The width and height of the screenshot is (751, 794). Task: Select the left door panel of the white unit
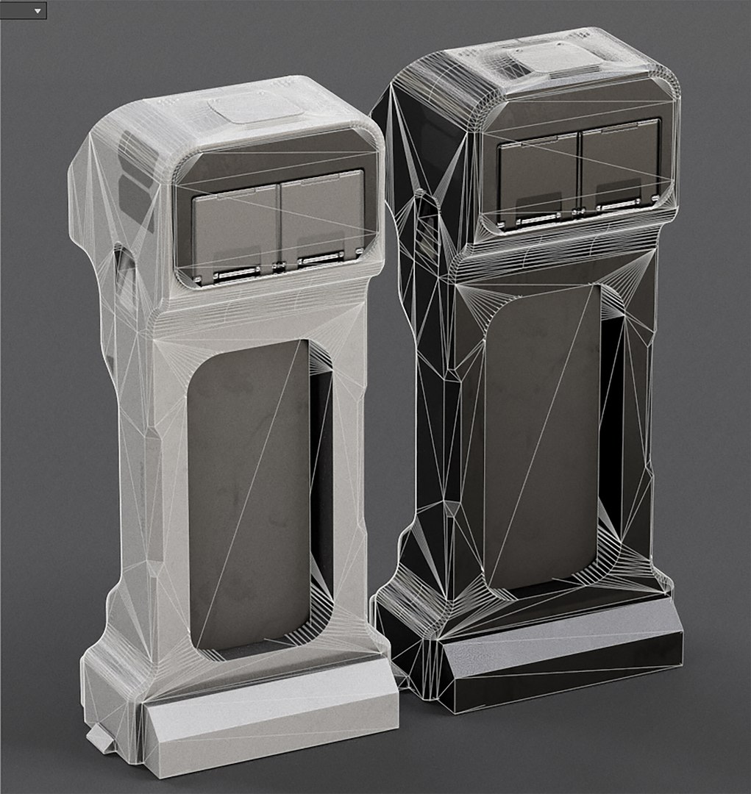(234, 232)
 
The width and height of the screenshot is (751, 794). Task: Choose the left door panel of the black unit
(538, 179)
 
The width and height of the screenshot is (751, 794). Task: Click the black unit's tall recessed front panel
(541, 434)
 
